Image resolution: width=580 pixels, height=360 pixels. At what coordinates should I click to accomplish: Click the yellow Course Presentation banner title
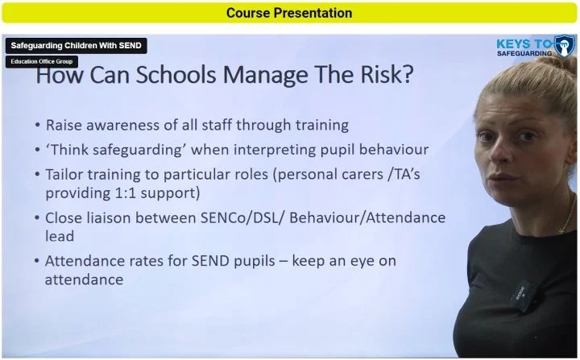(x=289, y=13)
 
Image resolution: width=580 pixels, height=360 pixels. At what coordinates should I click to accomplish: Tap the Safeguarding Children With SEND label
(x=76, y=46)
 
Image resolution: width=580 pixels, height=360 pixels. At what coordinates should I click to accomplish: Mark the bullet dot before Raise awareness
(x=39, y=126)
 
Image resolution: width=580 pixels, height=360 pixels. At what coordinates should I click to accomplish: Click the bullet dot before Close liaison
(x=39, y=218)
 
